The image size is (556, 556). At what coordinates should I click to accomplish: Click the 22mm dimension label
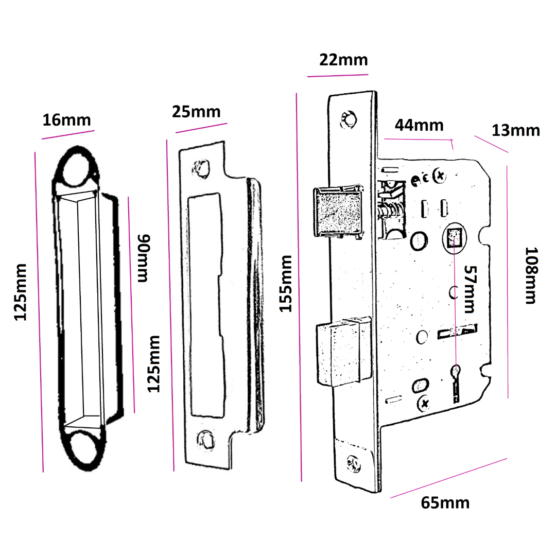343,60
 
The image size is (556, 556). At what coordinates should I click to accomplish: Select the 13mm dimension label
515,130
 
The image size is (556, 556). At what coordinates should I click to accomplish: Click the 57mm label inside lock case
469,290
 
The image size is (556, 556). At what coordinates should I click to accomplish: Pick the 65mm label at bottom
445,502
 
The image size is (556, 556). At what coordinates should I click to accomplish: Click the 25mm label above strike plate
196,111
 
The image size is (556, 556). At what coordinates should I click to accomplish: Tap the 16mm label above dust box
66,120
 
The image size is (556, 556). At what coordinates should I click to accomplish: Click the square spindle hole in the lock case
454,237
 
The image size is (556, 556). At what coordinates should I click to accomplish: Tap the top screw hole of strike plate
200,168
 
